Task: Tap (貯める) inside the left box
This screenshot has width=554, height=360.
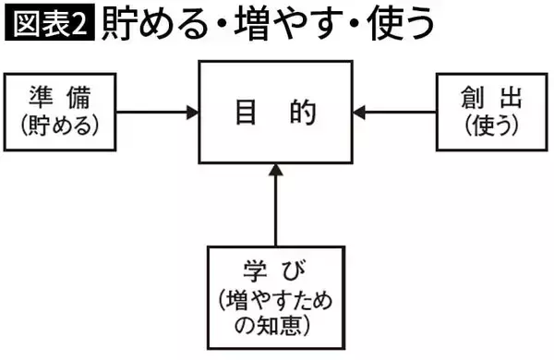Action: point(62,124)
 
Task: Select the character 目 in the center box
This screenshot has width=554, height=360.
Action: point(244,113)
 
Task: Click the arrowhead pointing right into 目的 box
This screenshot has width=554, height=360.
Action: point(192,112)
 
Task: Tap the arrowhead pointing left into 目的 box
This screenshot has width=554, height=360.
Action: point(361,112)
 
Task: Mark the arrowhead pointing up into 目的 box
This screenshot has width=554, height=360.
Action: point(275,170)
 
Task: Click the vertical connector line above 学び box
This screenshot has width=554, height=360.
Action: point(275,212)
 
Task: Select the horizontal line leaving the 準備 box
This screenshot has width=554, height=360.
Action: point(152,112)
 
